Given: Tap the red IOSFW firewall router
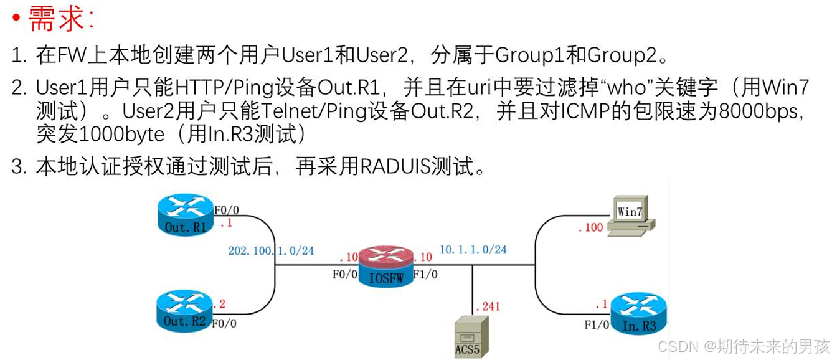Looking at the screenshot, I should click(x=386, y=267).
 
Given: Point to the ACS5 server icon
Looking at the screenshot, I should click(x=468, y=337).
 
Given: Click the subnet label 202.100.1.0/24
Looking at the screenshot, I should click(x=271, y=251).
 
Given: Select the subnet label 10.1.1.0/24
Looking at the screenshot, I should click(x=473, y=250).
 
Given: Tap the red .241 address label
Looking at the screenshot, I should click(x=488, y=306).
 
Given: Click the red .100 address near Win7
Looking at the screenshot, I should click(x=590, y=227).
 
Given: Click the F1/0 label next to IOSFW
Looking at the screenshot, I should click(x=425, y=273).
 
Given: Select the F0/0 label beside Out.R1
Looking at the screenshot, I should click(x=226, y=209).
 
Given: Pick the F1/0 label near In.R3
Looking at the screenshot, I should click(x=597, y=324).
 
